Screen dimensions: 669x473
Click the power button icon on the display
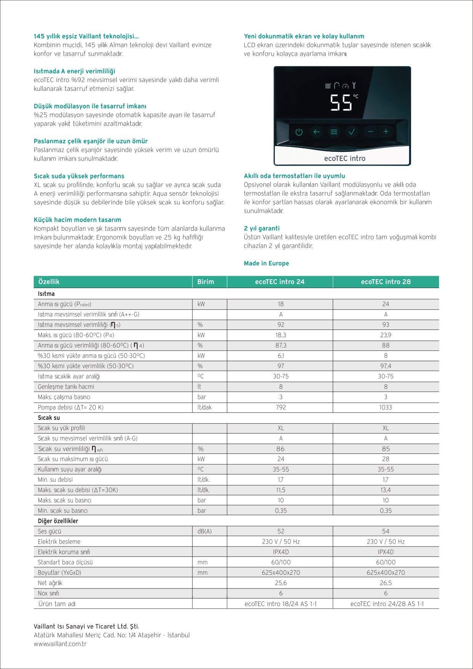299,132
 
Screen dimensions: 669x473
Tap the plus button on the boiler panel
386,132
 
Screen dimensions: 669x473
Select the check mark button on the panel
351,132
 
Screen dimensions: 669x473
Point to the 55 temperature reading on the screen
341,103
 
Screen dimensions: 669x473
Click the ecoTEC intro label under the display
345,158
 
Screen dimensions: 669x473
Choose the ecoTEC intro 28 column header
386,282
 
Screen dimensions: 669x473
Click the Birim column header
206,282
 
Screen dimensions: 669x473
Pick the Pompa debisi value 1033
386,407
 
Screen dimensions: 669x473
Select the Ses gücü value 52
281,531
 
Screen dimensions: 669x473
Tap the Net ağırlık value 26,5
386,583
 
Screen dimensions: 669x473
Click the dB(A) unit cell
205,531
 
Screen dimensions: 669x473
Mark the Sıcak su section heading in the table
49,418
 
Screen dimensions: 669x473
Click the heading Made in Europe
266,263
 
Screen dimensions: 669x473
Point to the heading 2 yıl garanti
262,228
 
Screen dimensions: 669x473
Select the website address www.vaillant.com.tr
60,644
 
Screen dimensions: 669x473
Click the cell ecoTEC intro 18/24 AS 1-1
281,604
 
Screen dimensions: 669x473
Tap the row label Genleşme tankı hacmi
66,387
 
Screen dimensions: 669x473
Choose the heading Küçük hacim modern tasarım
77,220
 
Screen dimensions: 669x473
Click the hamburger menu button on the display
334,132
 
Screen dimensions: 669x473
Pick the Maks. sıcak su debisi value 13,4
386,490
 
